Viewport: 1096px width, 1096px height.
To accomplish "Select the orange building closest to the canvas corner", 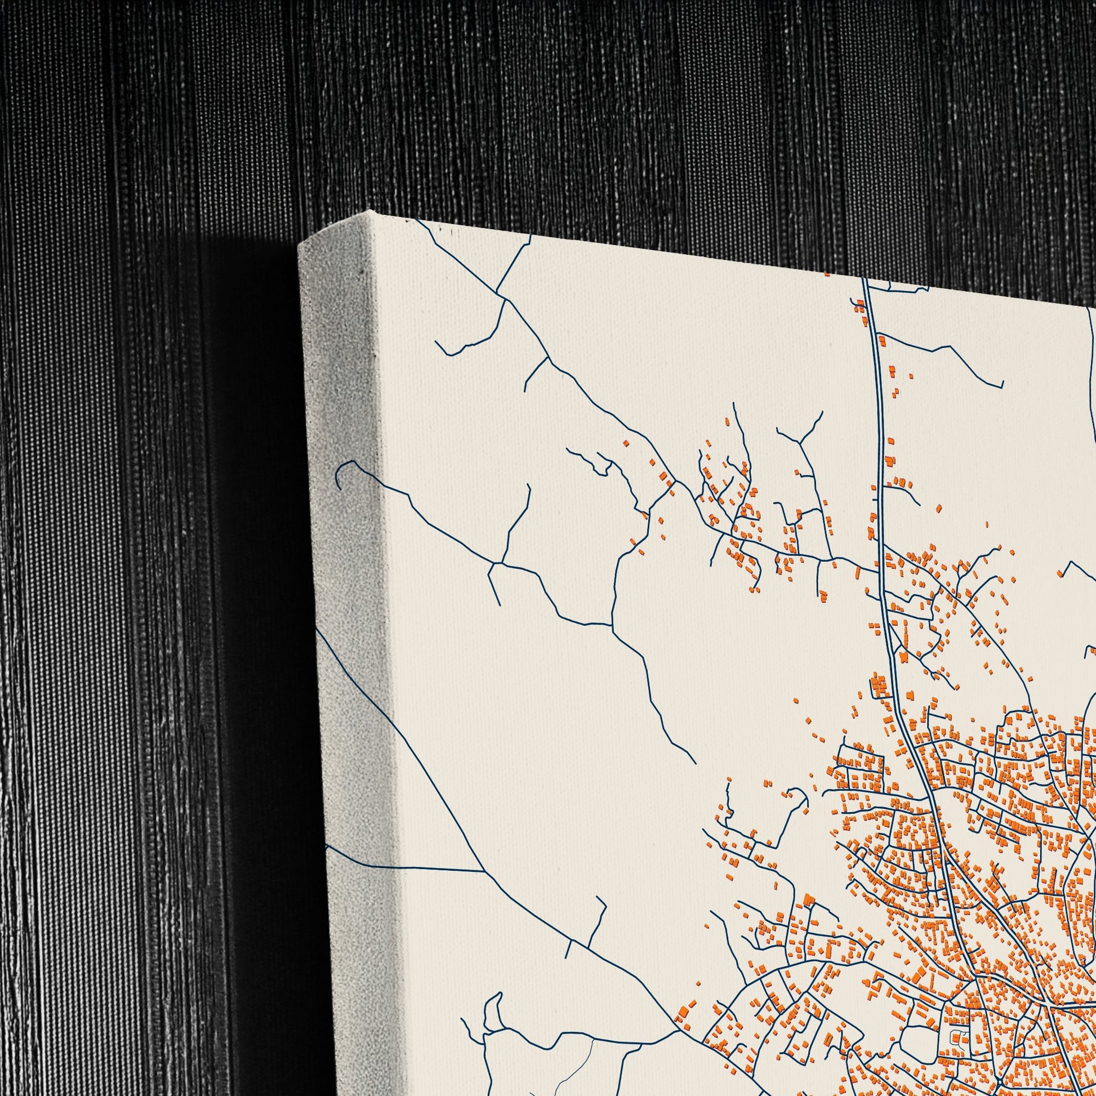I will (x=626, y=443).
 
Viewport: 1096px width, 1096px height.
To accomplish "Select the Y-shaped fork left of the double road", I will (x=800, y=442).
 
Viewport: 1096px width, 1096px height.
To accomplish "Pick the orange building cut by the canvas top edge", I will (x=827, y=275).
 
